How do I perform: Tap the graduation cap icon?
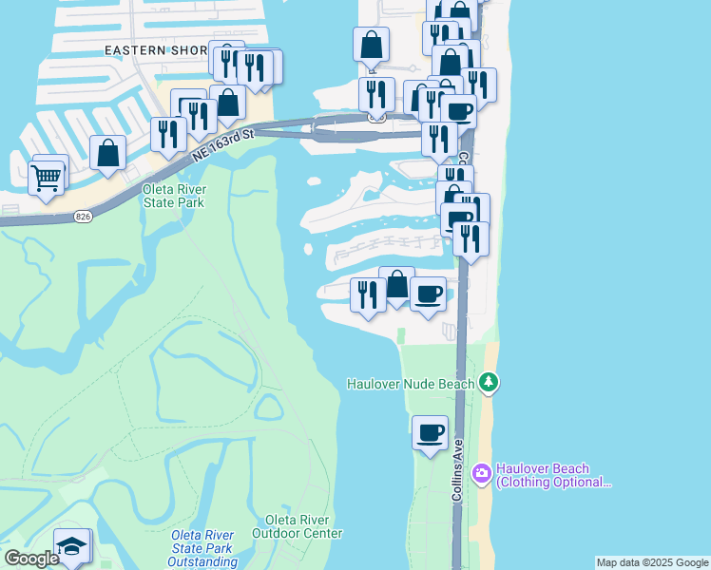(70, 547)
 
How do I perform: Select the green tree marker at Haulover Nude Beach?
(490, 383)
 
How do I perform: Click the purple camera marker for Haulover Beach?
(482, 472)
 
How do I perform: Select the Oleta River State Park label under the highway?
(174, 196)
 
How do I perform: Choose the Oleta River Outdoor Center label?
(298, 526)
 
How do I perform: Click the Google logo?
(31, 559)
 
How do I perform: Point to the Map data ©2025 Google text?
(652, 562)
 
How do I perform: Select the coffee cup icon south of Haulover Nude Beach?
(431, 433)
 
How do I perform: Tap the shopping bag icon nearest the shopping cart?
(108, 152)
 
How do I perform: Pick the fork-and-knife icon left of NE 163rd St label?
(168, 134)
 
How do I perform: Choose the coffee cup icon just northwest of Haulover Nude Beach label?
(429, 294)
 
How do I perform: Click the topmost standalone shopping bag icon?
(371, 44)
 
